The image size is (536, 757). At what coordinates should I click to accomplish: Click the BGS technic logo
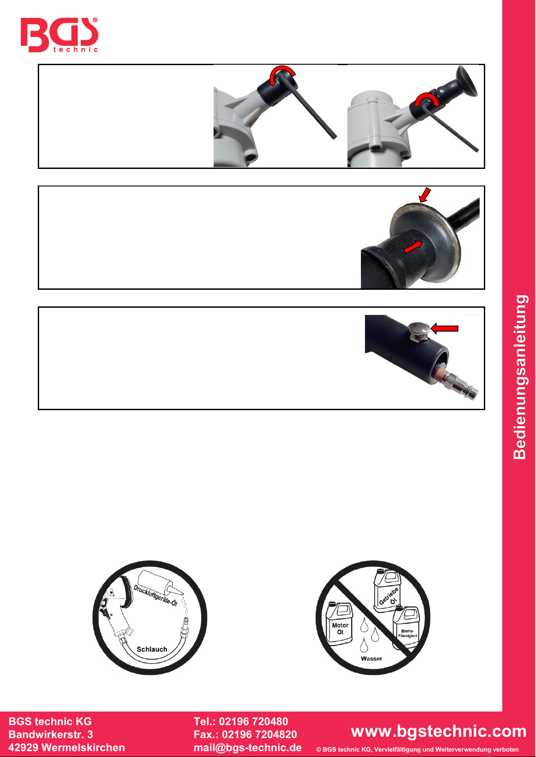pos(59,35)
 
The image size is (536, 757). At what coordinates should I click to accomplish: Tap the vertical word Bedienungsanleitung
pos(520,377)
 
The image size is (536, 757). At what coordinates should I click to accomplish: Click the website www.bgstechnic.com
pos(438,731)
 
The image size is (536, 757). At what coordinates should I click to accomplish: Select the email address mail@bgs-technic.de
pos(248,748)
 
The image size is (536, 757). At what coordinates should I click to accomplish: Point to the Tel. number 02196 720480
pos(254,722)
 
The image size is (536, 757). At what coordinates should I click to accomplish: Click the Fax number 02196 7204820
pos(259,735)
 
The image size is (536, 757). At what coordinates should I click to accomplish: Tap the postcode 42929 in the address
pos(24,748)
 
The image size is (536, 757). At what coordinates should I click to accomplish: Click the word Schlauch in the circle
pos(152,649)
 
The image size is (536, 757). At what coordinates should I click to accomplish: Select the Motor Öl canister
pos(339,624)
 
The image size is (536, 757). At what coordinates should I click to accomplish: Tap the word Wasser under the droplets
pos(371,658)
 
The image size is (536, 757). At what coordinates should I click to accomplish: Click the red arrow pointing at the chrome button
pos(444,328)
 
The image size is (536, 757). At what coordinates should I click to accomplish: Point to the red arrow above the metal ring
pos(424,195)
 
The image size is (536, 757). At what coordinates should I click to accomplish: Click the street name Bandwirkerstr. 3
pos(51,735)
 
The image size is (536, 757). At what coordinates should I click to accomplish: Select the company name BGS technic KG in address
pos(50,722)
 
